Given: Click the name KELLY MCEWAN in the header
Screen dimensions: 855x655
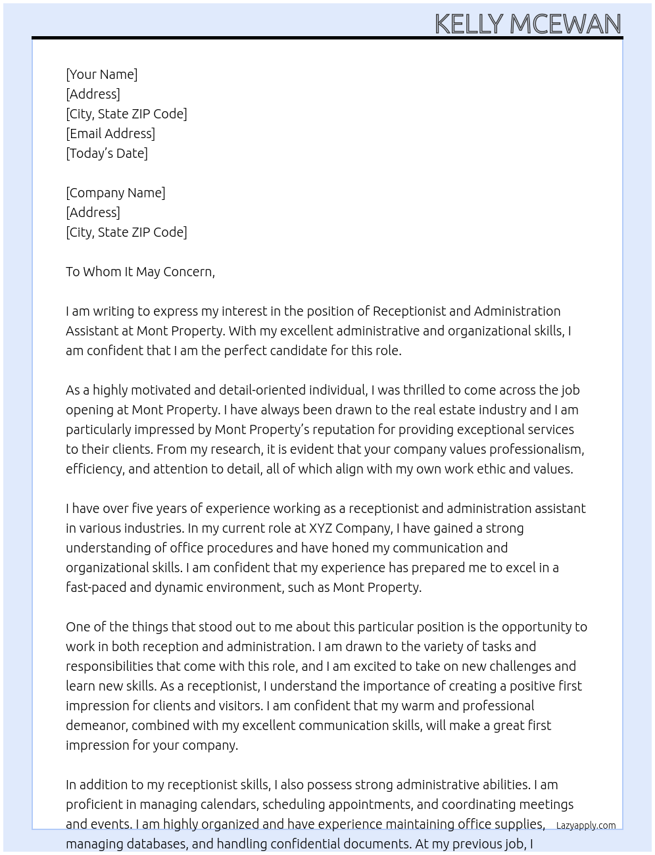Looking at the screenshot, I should pyautogui.click(x=527, y=24).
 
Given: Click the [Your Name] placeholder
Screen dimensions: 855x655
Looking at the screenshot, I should pyautogui.click(x=101, y=74).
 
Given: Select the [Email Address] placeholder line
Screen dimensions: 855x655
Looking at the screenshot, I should pyautogui.click(x=110, y=134).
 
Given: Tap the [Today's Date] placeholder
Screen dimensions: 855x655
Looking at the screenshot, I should pyautogui.click(x=107, y=153).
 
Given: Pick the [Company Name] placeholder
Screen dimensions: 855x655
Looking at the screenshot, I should pyautogui.click(x=115, y=193).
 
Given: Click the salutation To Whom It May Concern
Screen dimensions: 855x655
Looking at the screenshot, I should pyautogui.click(x=140, y=272).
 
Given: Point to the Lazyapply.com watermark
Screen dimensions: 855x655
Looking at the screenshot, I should pyautogui.click(x=585, y=825).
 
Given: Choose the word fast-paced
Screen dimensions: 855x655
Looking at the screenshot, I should pyautogui.click(x=95, y=587).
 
